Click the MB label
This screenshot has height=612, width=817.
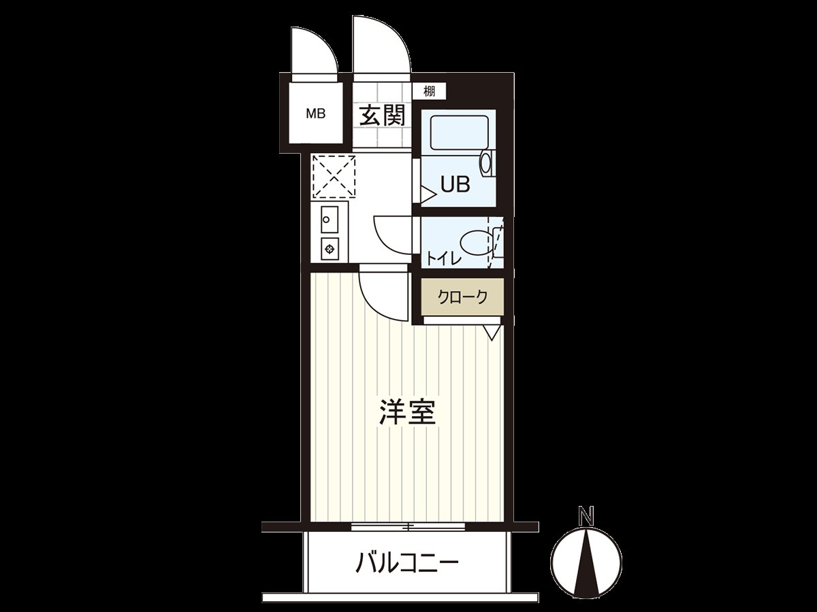coord(315,114)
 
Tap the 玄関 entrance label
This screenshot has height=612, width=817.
coord(382,115)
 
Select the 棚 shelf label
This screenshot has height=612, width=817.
coord(429,91)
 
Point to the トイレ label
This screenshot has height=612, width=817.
coord(444,259)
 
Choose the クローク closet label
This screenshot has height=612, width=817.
coord(462,297)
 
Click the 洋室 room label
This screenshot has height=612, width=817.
coord(407,413)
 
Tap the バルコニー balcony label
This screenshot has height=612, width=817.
coord(407,563)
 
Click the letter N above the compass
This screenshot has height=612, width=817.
coord(585,516)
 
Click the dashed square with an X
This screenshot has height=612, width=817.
coord(334,176)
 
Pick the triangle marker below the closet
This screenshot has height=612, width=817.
coord(492,333)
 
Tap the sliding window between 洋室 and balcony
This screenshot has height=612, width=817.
coord(408,526)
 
